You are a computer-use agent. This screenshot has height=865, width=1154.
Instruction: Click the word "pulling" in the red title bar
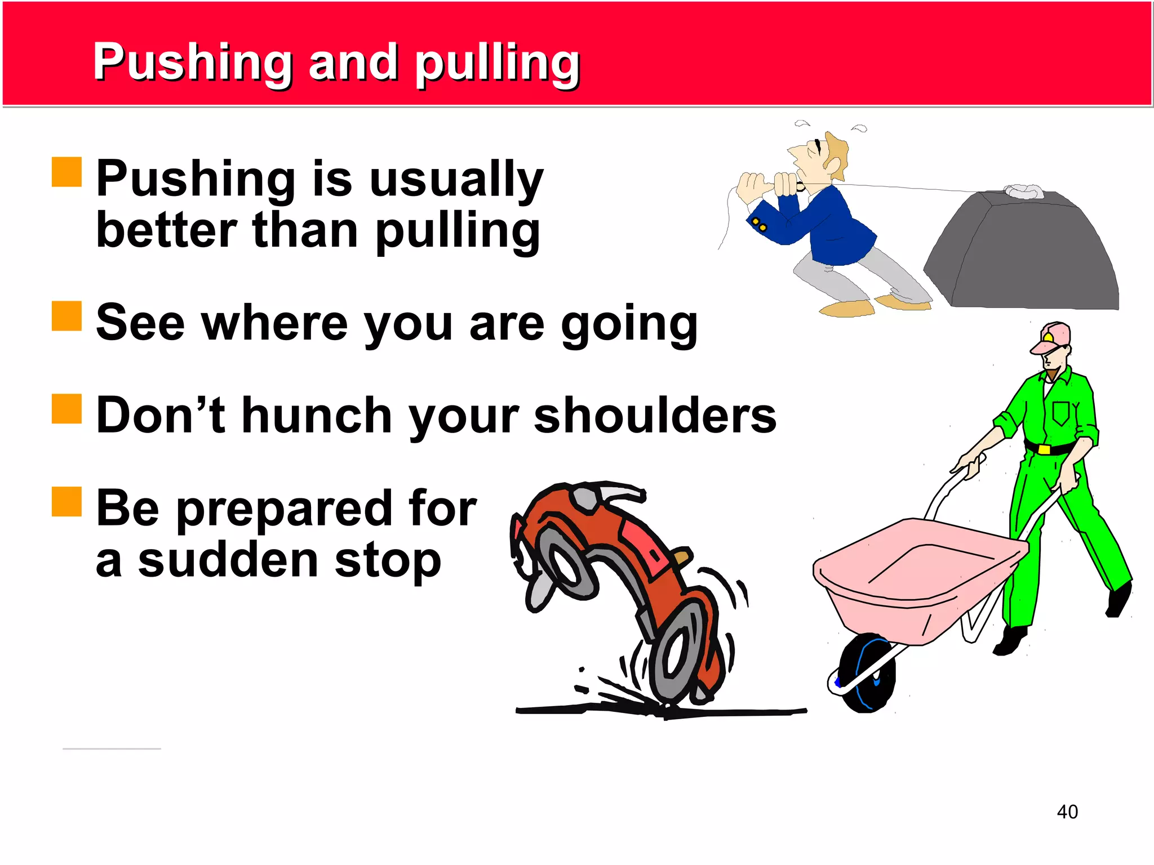pos(497,63)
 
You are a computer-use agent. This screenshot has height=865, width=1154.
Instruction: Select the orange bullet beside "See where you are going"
pos(67,316)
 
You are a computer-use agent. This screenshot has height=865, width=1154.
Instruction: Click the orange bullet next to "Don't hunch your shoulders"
pos(67,408)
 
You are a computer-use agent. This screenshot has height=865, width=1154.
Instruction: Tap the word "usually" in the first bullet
pos(456,179)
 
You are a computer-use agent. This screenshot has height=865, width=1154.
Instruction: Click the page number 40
pos(1067,812)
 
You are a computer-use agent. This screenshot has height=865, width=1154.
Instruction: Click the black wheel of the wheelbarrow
pos(864,673)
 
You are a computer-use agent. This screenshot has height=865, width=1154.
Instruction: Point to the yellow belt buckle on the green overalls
pos(1044,449)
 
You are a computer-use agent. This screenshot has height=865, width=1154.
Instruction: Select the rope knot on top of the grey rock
pos(1023,191)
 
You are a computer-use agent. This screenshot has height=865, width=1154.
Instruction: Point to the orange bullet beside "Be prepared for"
pos(67,501)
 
